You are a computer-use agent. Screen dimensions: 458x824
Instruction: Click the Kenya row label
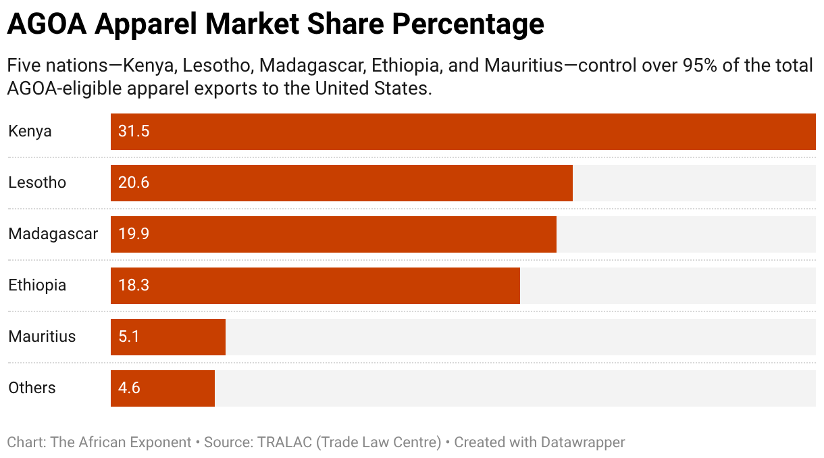(x=30, y=131)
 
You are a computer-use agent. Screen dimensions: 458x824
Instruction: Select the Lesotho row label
(x=37, y=182)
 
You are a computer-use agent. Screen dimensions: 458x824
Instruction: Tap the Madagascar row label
(x=53, y=234)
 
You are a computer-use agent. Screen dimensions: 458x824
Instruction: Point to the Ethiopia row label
(x=37, y=285)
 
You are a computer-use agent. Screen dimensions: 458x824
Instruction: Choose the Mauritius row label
(x=42, y=336)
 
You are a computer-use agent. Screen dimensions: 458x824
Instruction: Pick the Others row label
(x=32, y=388)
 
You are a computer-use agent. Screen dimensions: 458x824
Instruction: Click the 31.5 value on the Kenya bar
(x=134, y=131)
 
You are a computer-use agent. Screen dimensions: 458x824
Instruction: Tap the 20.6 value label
(x=134, y=182)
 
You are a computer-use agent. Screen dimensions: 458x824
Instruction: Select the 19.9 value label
(x=134, y=234)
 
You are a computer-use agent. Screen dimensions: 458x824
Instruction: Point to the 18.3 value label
(x=134, y=285)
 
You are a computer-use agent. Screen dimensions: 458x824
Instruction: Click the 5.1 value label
(x=129, y=336)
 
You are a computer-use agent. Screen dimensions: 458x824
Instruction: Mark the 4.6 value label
(x=129, y=388)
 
